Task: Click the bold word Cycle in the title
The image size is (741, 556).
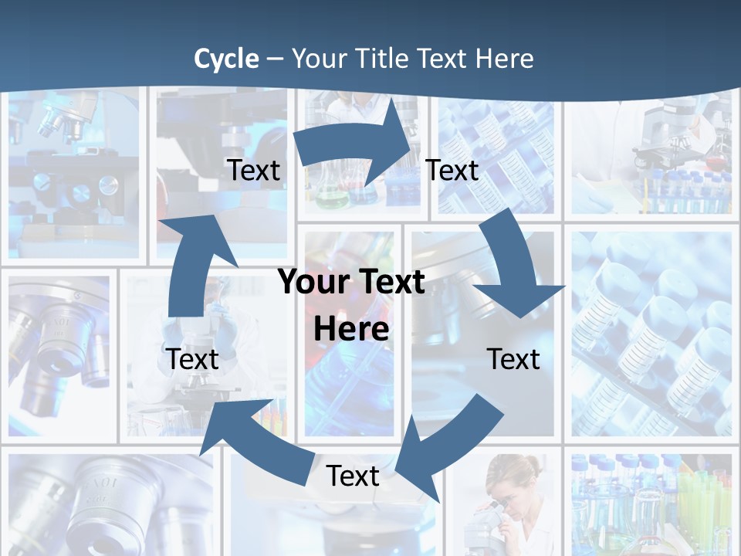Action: (x=226, y=59)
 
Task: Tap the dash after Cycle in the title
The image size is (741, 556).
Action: (x=276, y=59)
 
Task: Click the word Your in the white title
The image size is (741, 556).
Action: (x=317, y=59)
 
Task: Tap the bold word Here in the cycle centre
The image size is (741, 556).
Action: (x=351, y=329)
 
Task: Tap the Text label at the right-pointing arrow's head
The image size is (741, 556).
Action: (x=452, y=170)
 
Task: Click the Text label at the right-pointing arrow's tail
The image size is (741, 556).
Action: (x=253, y=170)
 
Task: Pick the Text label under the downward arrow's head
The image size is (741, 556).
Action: (x=513, y=359)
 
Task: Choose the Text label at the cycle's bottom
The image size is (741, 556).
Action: (x=353, y=476)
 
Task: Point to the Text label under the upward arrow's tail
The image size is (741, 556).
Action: (x=192, y=359)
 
